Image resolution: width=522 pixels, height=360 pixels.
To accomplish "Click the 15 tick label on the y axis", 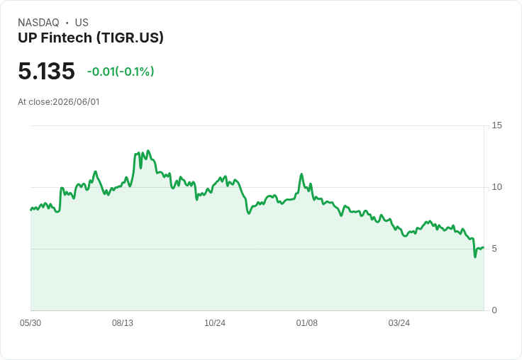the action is [496, 125].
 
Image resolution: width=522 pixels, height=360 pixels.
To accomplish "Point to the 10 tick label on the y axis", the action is [496, 187].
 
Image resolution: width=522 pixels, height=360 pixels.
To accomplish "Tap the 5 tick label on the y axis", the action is [494, 249].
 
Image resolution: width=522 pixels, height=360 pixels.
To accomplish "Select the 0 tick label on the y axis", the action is [494, 310].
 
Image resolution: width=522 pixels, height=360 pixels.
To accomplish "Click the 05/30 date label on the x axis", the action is [30, 323].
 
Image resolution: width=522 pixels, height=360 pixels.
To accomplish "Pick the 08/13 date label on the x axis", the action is [123, 323].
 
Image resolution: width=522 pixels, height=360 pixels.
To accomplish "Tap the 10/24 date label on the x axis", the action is [215, 323].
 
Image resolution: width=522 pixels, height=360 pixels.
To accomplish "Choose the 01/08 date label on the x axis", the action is [307, 323].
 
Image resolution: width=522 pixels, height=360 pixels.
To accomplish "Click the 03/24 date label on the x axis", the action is [399, 323].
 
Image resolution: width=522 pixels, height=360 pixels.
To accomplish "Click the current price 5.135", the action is [46, 71].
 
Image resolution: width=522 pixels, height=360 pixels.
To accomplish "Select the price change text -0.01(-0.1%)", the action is [121, 72].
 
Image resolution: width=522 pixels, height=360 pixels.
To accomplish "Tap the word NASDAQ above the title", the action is [38, 23].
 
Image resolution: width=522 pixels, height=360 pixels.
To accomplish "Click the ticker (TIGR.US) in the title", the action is [130, 38].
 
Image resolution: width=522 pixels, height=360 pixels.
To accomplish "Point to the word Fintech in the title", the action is [66, 38].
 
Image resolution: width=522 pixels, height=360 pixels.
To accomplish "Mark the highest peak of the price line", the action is [148, 151].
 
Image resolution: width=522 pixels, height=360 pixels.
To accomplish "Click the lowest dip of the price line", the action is [475, 257].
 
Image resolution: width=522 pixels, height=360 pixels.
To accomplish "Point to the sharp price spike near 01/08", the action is [301, 174].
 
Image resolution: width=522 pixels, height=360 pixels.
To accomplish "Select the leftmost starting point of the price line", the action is [30, 210].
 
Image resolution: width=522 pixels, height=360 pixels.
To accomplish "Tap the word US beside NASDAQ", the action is [82, 23].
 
